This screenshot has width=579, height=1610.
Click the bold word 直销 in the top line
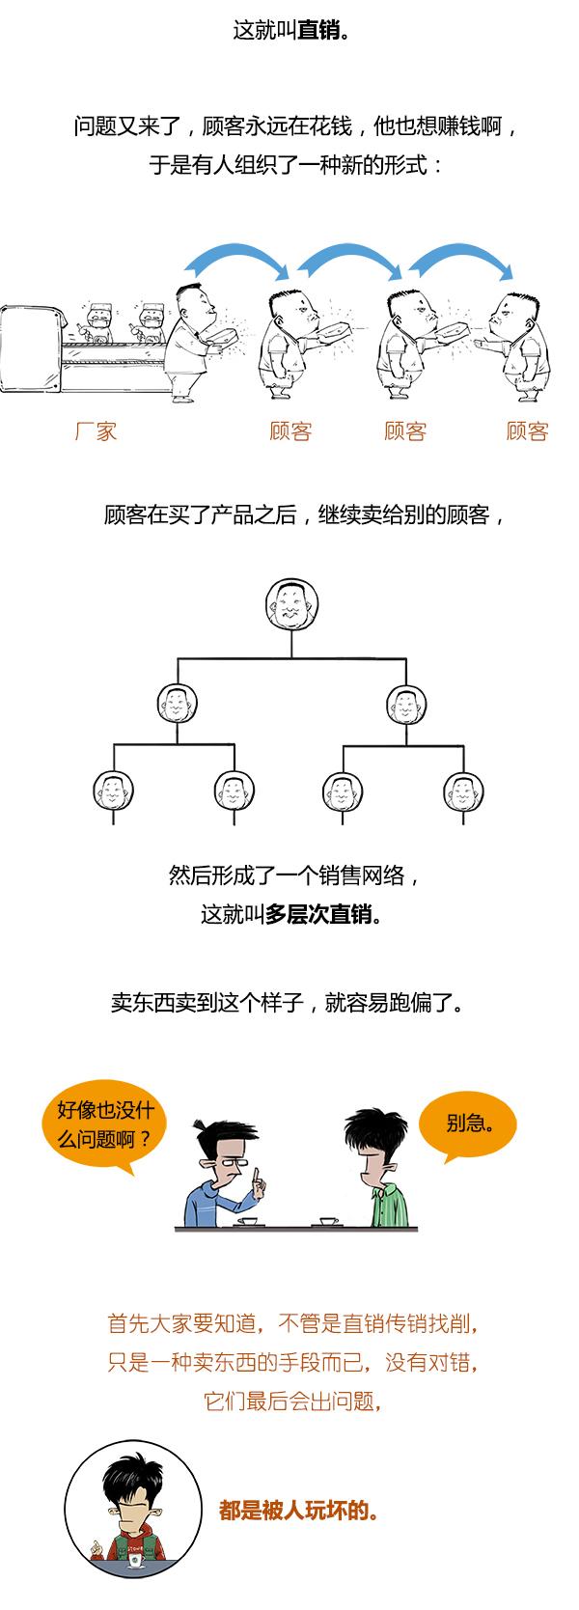(x=317, y=31)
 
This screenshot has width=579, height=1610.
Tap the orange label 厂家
(x=96, y=431)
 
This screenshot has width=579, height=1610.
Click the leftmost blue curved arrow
(x=237, y=261)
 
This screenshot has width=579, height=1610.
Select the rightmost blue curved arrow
(x=461, y=261)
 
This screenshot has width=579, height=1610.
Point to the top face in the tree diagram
(x=290, y=605)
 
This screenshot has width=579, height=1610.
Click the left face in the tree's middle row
(x=177, y=704)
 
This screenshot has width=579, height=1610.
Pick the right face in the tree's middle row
(x=406, y=704)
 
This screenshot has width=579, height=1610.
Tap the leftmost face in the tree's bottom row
(x=114, y=791)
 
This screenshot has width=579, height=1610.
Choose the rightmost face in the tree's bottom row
(x=463, y=791)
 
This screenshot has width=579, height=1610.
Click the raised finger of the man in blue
(x=255, y=1178)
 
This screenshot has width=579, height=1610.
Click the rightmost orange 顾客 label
(x=527, y=431)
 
